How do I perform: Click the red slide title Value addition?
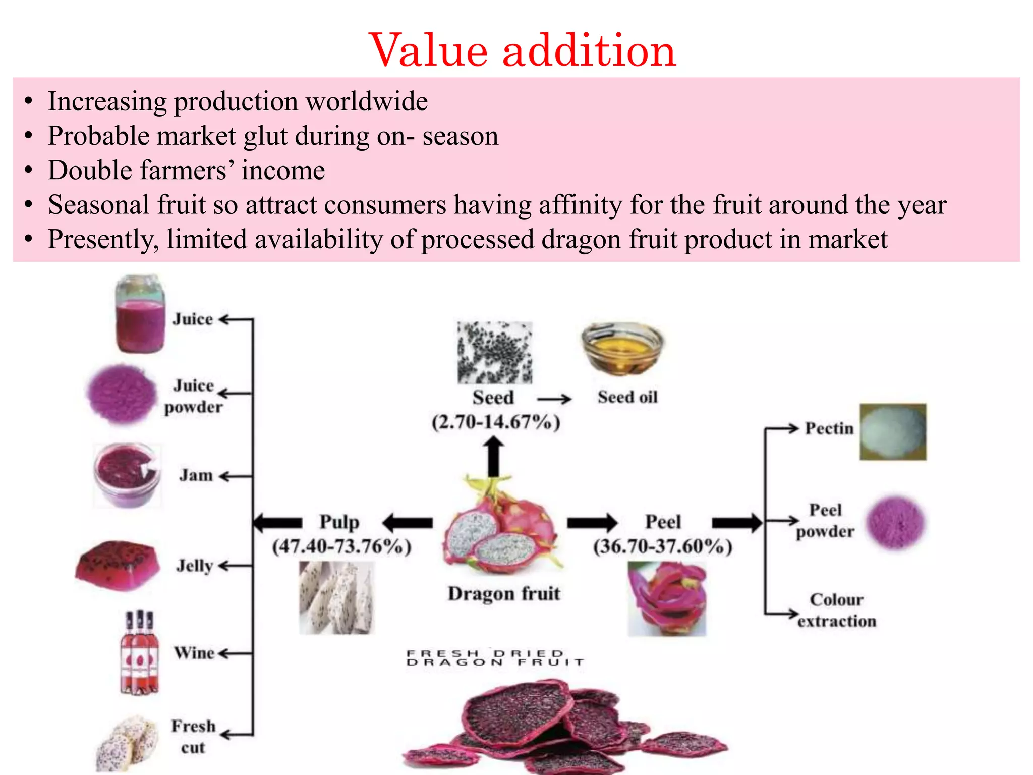click(522, 50)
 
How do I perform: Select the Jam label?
click(196, 475)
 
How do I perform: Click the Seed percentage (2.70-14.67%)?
click(496, 422)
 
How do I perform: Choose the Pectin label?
click(829, 428)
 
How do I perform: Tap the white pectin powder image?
click(893, 432)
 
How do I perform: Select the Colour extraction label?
click(836, 610)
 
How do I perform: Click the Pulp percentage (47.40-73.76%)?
click(341, 547)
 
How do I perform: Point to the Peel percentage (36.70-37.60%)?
click(662, 547)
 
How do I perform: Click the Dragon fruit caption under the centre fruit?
click(503, 593)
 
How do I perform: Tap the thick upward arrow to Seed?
click(494, 457)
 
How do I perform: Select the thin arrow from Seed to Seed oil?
click(554, 399)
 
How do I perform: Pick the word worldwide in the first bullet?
click(367, 101)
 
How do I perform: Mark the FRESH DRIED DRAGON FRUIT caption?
click(494, 658)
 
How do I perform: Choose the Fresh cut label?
click(193, 737)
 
